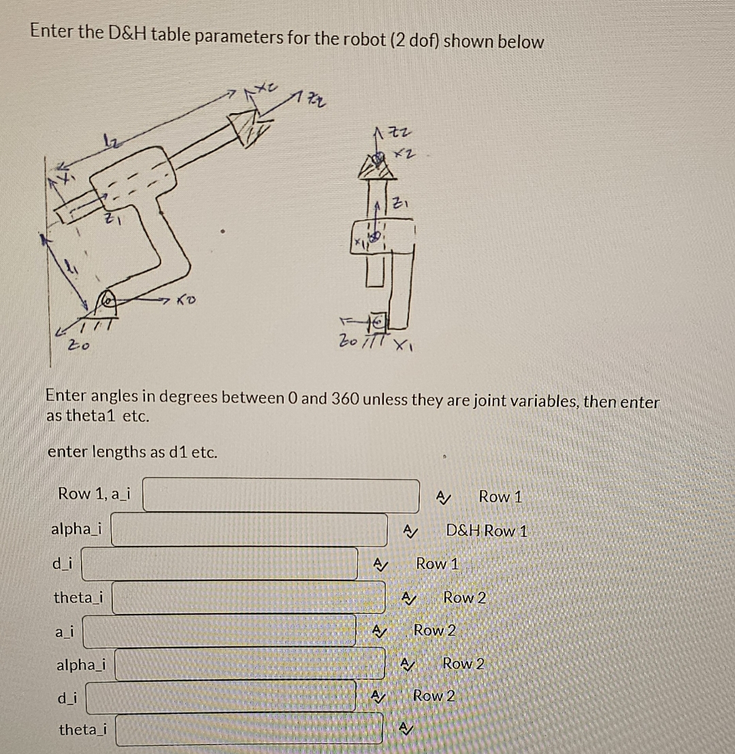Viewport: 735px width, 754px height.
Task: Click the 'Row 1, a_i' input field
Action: [x=280, y=495]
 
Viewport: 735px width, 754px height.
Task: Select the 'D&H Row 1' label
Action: [x=487, y=530]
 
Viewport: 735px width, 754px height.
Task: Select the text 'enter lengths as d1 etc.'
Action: [x=133, y=452]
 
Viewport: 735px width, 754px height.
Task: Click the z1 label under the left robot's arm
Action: [x=113, y=219]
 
